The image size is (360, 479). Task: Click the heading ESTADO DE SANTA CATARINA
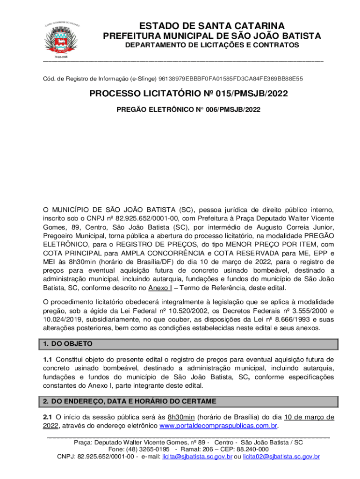pyautogui.click(x=211, y=26)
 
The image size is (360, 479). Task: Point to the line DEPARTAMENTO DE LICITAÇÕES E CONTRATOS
pyautogui.click(x=211, y=45)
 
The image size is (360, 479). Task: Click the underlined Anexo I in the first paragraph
pyautogui.click(x=162, y=287)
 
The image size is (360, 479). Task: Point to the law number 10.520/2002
pyautogui.click(x=180, y=310)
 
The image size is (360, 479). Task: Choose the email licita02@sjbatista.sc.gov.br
pyautogui.click(x=281, y=456)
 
